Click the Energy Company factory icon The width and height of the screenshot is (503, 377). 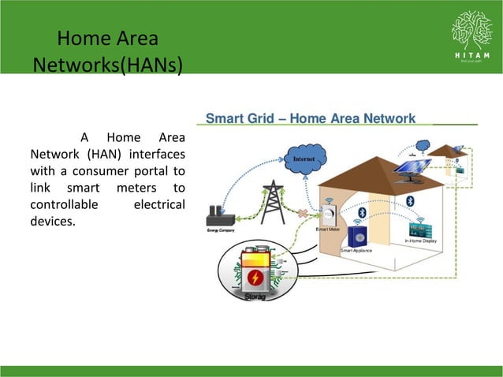click(x=214, y=216)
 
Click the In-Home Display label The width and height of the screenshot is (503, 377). click(x=426, y=241)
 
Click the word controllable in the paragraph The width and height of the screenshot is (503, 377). click(x=64, y=204)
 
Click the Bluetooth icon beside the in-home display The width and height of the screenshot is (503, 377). click(x=409, y=203)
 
